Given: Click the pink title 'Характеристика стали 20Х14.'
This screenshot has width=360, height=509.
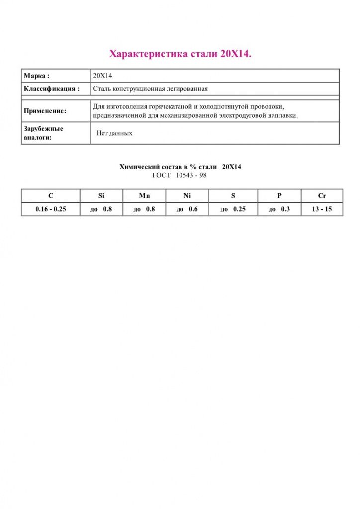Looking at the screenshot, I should coord(180,54).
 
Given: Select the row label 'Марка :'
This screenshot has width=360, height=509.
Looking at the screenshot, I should coord(37,76).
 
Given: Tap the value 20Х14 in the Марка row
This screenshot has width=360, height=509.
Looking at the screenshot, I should coord(103,76).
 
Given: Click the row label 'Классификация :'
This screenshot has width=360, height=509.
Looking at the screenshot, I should coord(52,89).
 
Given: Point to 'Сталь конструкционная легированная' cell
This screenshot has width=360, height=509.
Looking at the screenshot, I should coord(150,89).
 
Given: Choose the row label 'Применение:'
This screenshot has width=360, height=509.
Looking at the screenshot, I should coord(45,111).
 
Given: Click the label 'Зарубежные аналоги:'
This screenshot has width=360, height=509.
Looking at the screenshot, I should coord(44,133).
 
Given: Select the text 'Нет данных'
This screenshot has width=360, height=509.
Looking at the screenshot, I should coord(114,133).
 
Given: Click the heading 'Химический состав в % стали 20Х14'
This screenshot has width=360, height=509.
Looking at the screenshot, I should coord(180,167).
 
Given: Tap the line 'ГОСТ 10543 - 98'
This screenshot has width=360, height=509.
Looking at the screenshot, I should coord(180,175).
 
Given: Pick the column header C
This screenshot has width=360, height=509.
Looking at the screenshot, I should coord(51,196).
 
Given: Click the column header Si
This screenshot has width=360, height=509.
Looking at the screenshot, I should coord(101,196).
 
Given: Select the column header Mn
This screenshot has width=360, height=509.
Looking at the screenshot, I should coord(144,196).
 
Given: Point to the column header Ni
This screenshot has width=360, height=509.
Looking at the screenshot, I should coord(187,196).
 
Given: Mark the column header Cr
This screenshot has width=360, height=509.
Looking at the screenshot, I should coord(322,196).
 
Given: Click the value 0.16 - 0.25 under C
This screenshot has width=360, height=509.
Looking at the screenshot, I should coord(51,209).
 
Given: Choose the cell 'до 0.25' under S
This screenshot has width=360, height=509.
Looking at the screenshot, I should coord(233,209).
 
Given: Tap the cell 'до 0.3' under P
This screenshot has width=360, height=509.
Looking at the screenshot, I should coord(279,209).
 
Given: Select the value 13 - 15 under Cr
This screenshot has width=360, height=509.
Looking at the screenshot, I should coord(322,209).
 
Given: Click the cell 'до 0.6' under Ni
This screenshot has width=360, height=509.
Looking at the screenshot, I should coord(187,209).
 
